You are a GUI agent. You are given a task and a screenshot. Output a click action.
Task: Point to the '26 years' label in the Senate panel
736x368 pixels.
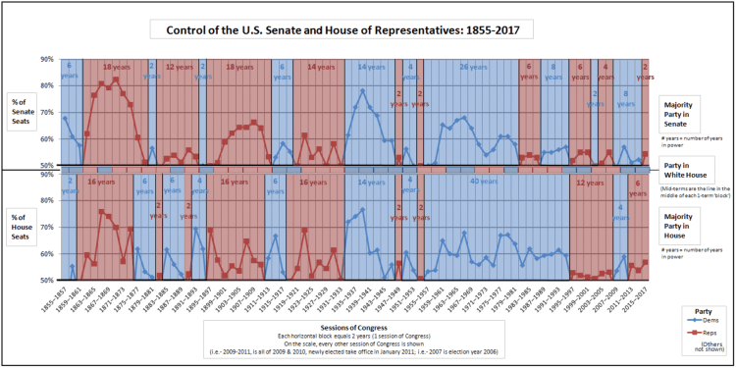463,67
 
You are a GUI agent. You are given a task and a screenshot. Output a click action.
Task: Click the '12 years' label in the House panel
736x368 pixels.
589,183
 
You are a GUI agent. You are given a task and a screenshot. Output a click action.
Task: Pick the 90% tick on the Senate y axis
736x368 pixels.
47,59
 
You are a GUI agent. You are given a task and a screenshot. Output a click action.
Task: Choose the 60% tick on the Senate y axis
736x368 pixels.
47,139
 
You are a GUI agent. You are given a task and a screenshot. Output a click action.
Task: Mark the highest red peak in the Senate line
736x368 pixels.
116,79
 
